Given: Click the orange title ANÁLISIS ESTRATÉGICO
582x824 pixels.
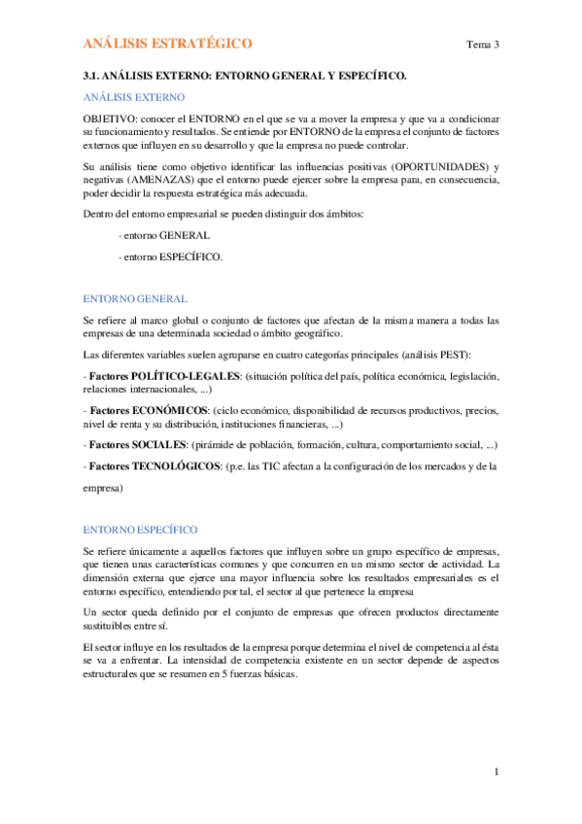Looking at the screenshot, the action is (167, 44).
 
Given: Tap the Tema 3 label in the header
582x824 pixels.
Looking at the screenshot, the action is (483, 45).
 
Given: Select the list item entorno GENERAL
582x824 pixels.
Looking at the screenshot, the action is (162, 235).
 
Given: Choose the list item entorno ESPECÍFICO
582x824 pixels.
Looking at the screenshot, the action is (169, 257).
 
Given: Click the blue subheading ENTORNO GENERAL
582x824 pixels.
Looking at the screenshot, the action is (134, 299).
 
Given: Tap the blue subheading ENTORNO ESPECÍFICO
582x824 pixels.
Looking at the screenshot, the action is (140, 530).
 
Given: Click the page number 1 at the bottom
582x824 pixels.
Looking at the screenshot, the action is (496, 772).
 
